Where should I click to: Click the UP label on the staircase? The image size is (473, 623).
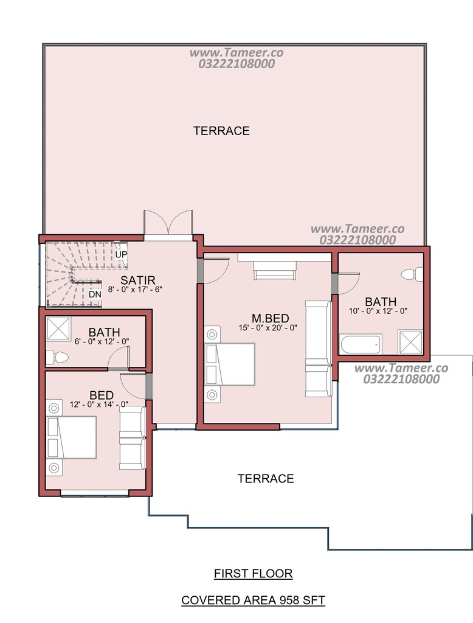pyautogui.click(x=121, y=254)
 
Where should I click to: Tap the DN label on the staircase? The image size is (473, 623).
pyautogui.click(x=95, y=294)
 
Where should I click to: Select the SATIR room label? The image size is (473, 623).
pyautogui.click(x=138, y=280)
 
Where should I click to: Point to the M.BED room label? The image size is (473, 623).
pyautogui.click(x=271, y=318)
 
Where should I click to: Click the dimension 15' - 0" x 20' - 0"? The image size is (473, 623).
pyautogui.click(x=268, y=328)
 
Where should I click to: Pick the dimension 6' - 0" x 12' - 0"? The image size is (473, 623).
pyautogui.click(x=102, y=341)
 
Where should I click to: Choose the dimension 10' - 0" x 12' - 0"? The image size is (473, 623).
pyautogui.click(x=378, y=311)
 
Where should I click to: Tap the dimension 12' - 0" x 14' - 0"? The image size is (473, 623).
pyautogui.click(x=99, y=405)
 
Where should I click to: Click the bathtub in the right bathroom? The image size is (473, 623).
pyautogui.click(x=361, y=344)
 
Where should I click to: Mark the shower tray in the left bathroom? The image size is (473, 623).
pyautogui.click(x=58, y=329)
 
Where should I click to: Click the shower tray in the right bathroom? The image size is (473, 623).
pyautogui.click(x=410, y=342)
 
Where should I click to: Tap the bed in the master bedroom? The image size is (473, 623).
pyautogui.click(x=230, y=364)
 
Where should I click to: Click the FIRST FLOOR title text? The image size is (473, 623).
pyautogui.click(x=254, y=574)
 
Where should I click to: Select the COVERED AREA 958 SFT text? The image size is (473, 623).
pyautogui.click(x=254, y=600)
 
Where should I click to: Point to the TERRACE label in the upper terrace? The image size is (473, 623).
pyautogui.click(x=222, y=131)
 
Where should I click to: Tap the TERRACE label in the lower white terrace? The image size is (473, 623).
pyautogui.click(x=266, y=478)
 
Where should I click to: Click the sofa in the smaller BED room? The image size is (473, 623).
pyautogui.click(x=133, y=438)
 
